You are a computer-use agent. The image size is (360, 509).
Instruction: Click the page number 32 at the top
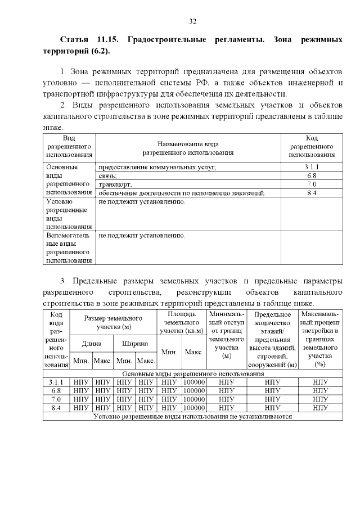tap(192, 21)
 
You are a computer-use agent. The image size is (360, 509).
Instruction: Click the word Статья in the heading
tap(74, 40)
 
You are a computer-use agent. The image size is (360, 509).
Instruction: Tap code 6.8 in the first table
tap(312, 176)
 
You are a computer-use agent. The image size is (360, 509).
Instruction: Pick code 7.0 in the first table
tap(312, 184)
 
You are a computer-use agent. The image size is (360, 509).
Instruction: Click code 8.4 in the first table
tap(312, 193)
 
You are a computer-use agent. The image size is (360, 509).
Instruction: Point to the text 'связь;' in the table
tap(108, 176)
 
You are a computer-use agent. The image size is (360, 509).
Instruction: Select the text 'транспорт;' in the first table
tap(115, 184)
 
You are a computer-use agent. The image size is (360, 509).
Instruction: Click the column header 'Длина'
tap(92, 343)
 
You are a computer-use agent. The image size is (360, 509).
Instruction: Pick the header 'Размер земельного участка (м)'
tap(113, 322)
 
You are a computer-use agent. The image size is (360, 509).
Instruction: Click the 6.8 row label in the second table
tap(56, 391)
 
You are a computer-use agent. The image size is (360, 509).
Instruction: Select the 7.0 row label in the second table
tap(56, 399)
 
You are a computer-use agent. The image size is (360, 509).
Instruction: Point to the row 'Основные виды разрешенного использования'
tap(193, 374)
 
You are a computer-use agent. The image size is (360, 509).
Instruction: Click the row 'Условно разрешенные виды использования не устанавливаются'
tap(193, 417)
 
